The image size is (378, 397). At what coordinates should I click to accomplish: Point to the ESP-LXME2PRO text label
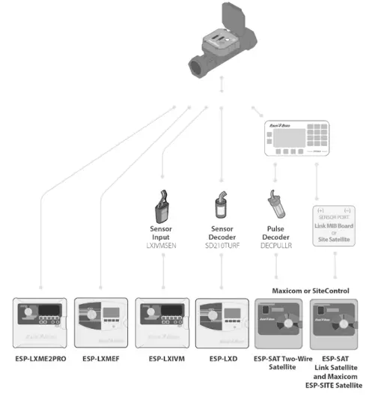[x=41, y=358]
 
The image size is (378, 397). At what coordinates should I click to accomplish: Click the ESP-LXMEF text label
[x=102, y=358]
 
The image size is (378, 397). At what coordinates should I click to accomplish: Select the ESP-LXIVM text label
[x=162, y=358]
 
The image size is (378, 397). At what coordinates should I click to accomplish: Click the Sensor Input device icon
[x=162, y=204]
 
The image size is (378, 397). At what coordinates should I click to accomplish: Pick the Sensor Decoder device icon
[x=222, y=204]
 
